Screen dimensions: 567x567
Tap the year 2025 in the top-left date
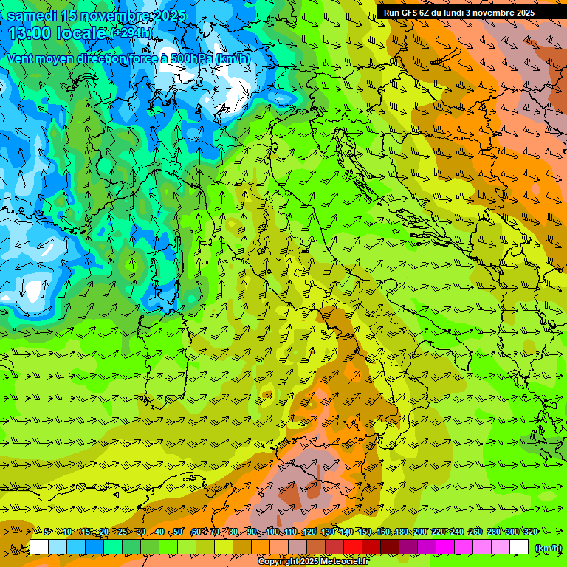[x=166, y=16]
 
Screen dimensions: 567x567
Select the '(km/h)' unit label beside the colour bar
[x=547, y=547]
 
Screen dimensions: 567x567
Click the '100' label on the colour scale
[x=272, y=532]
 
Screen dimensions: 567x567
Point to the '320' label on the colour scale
[x=531, y=532]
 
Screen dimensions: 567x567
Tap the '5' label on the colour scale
[x=47, y=532]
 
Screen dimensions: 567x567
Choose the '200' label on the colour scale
[x=420, y=532]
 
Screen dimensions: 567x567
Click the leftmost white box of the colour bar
[x=39, y=547]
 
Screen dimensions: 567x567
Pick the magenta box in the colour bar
[x=445, y=547]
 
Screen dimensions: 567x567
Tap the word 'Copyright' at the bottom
[x=278, y=562]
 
